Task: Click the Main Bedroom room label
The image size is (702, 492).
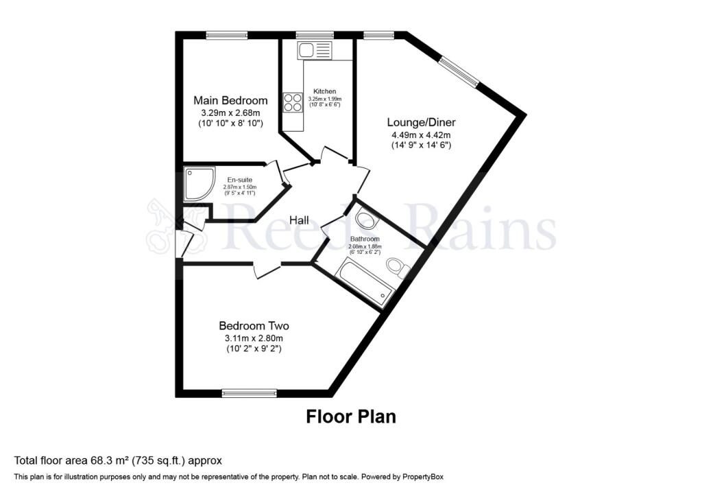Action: (x=230, y=100)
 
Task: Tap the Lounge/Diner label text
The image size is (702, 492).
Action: (x=422, y=122)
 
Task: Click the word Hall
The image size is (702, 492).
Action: (x=299, y=220)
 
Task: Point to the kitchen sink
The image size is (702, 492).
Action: (x=314, y=49)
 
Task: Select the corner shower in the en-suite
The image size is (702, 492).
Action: (x=198, y=184)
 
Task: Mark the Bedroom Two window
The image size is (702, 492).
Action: (x=250, y=393)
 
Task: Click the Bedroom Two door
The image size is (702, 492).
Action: (x=267, y=269)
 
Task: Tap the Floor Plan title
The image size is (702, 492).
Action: (x=350, y=416)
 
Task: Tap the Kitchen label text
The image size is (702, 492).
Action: (x=325, y=91)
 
